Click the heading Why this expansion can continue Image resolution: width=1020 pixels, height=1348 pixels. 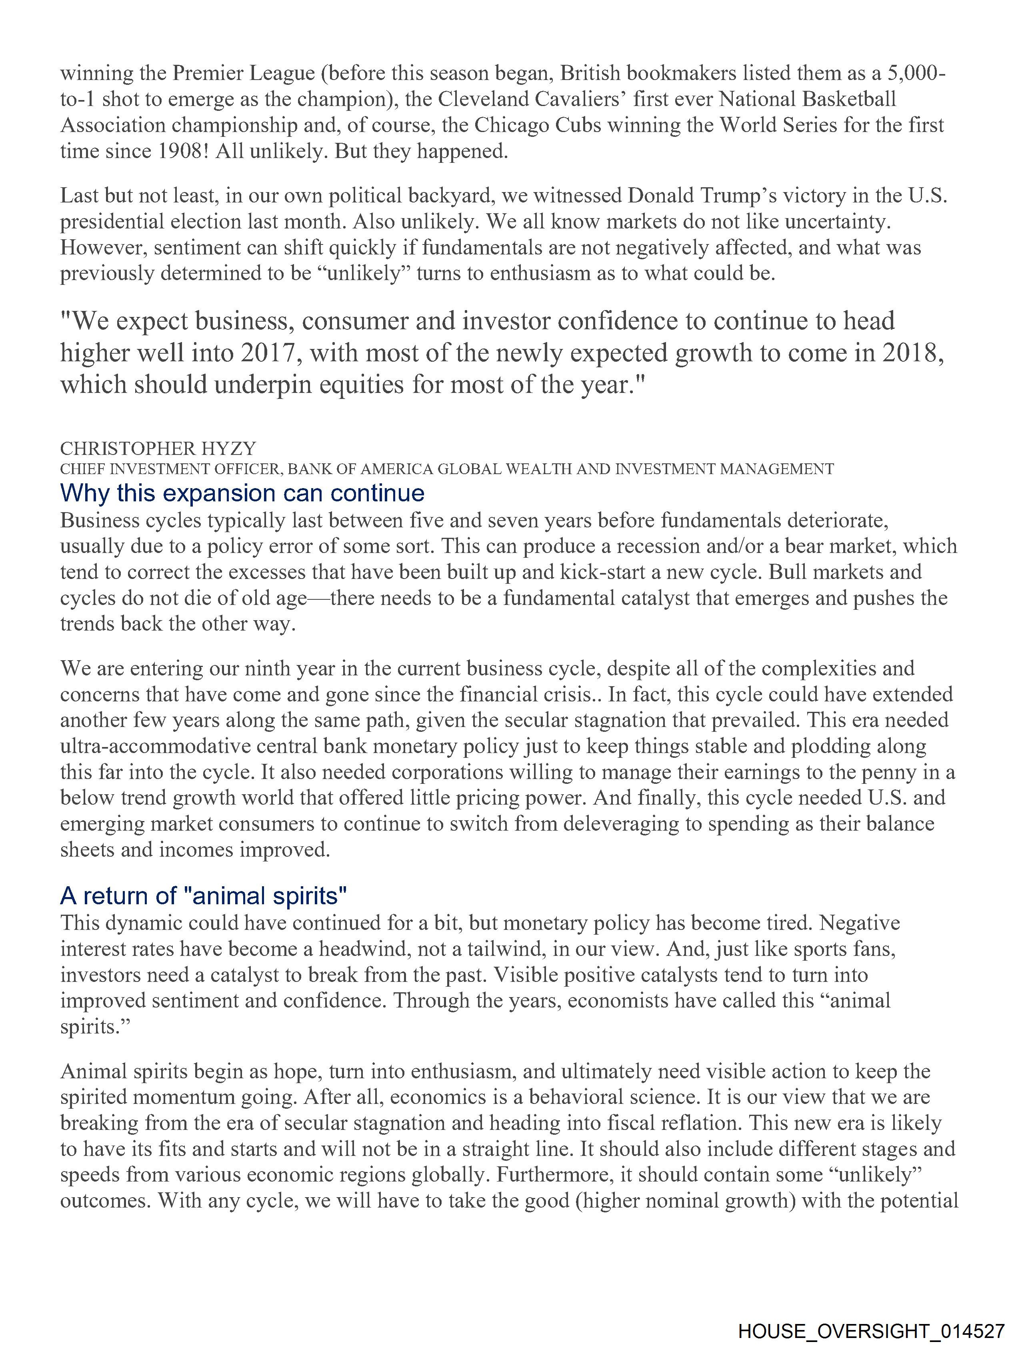coord(242,493)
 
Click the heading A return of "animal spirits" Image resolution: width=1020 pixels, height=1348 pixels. coord(204,895)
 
